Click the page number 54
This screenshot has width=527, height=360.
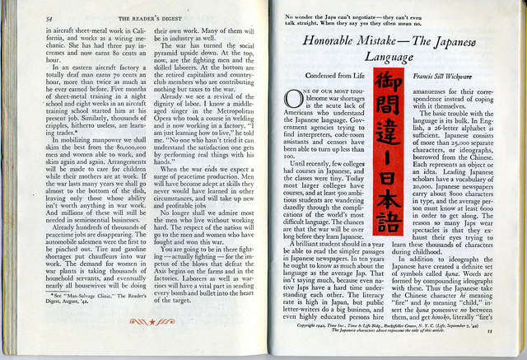tap(49, 17)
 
